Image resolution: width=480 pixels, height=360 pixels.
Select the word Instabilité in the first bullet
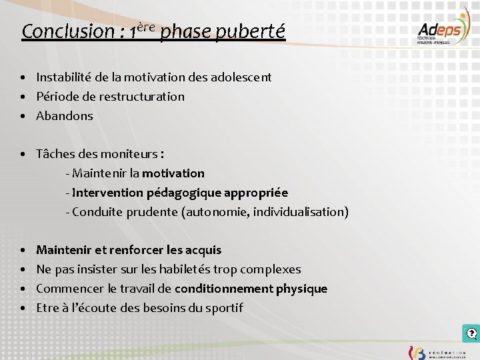click(x=65, y=77)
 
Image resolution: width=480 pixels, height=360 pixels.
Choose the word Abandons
click(x=65, y=116)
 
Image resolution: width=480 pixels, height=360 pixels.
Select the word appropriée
click(x=257, y=193)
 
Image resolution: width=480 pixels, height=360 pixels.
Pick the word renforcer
click(x=137, y=251)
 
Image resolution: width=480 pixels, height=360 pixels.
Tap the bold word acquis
click(x=204, y=251)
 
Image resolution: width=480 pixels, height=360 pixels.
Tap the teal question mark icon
click(x=471, y=333)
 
